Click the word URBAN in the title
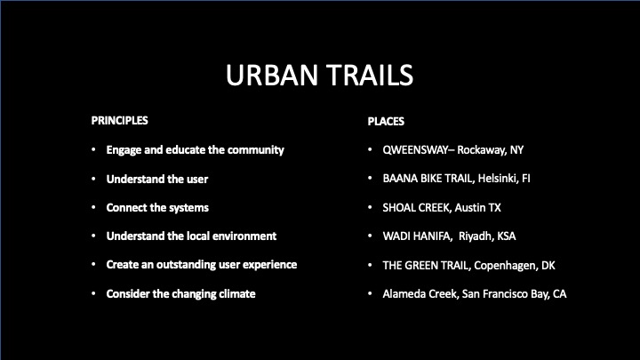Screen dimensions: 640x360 click(272, 75)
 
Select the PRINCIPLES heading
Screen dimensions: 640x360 click(120, 120)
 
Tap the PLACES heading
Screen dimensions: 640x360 click(386, 121)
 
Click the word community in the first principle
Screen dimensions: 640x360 click(255, 150)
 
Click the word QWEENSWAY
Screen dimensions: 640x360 click(415, 150)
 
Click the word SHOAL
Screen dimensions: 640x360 click(398, 207)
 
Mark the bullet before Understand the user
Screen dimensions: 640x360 click(94, 179)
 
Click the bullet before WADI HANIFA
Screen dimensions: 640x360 click(370, 236)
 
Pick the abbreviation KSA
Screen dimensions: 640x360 click(506, 236)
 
